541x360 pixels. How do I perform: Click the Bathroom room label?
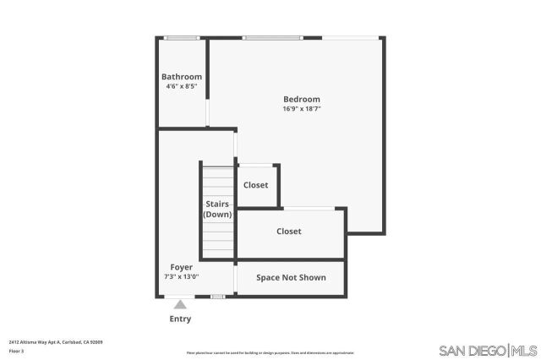click(x=182, y=77)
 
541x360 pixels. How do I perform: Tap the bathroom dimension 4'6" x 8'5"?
click(x=182, y=86)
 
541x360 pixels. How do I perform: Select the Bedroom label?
click(x=301, y=99)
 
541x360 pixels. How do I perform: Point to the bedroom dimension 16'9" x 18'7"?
click(x=301, y=108)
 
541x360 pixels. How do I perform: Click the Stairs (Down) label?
click(x=217, y=209)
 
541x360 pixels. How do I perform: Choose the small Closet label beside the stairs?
click(x=255, y=185)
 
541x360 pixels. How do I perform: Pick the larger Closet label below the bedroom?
click(x=288, y=231)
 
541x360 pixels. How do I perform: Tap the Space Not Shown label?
click(x=291, y=277)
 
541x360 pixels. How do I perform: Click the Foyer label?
click(x=182, y=267)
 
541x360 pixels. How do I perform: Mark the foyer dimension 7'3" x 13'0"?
click(x=182, y=276)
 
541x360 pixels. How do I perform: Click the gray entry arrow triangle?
click(x=179, y=304)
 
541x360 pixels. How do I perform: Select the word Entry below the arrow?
click(x=180, y=319)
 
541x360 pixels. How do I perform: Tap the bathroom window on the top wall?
click(x=181, y=37)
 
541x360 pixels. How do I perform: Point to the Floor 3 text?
click(x=16, y=350)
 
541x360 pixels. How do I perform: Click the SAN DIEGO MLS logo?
click(x=489, y=350)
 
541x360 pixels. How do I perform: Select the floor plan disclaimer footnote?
click(x=270, y=353)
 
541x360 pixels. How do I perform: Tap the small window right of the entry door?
click(x=217, y=296)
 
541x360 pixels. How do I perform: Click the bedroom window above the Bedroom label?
click(x=272, y=37)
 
